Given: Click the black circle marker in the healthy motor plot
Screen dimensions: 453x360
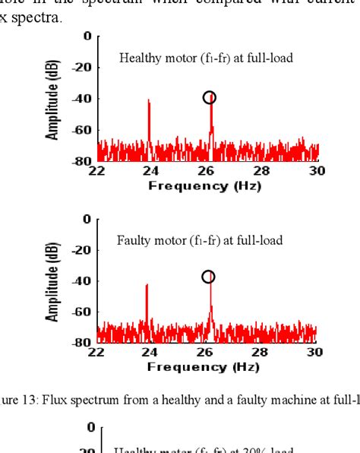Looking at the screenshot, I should click(209, 97).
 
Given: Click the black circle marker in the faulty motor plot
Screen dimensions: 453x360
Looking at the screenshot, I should click(208, 277).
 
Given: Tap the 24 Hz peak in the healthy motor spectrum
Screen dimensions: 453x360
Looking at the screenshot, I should click(149, 103).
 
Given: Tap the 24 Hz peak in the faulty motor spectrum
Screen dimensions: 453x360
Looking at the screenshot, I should click(147, 287).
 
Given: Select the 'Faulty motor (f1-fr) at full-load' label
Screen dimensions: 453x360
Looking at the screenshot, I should click(200, 241).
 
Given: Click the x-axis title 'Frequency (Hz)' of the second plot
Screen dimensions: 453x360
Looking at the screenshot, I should click(204, 366).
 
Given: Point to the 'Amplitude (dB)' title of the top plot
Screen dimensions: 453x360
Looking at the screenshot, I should click(53, 100).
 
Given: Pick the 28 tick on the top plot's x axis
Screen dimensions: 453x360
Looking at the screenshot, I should click(262, 171).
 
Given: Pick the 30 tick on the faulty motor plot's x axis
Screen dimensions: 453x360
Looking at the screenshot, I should click(314, 352).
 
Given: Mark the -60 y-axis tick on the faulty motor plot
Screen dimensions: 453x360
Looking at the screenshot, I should click(82, 312).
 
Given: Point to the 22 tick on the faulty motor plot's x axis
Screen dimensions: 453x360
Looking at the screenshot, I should click(96, 352).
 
